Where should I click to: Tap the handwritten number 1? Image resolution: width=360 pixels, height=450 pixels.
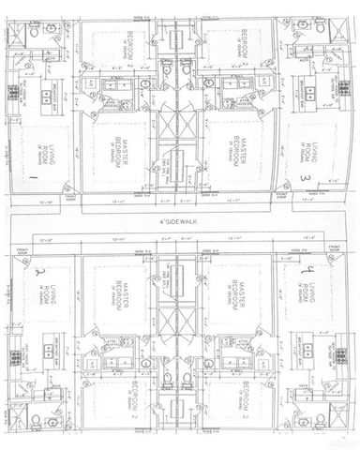35,174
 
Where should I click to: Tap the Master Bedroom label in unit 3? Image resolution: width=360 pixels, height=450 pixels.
237,152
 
